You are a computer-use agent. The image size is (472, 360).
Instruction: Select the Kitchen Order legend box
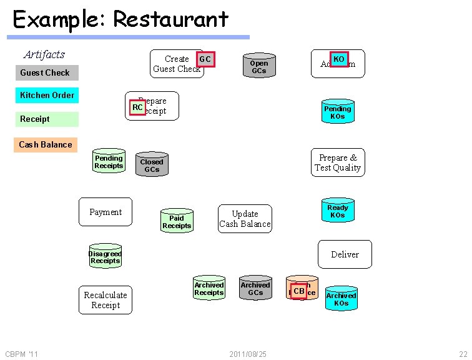point(47,95)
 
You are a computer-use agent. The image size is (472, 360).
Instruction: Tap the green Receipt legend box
point(47,119)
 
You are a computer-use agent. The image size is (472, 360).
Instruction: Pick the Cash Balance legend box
point(46,144)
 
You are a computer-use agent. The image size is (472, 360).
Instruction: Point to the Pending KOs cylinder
point(337,112)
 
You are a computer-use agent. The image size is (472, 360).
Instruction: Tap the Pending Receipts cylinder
point(109,161)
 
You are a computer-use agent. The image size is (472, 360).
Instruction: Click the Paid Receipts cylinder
point(177,221)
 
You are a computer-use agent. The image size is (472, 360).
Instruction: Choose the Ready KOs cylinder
point(337,211)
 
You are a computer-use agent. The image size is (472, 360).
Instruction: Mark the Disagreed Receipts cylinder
point(105,256)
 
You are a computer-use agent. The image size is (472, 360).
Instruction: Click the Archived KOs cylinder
point(341,299)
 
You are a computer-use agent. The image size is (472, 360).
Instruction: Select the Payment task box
point(106,212)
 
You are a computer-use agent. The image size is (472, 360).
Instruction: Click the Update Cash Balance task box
point(245,219)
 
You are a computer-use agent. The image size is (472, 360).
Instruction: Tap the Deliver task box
point(345,254)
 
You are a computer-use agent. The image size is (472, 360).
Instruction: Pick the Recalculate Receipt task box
point(106,300)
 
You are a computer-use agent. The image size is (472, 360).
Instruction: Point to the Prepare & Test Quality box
point(338,162)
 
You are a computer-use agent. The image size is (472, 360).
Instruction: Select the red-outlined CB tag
point(299,291)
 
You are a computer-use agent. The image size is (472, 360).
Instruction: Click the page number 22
point(463,354)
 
